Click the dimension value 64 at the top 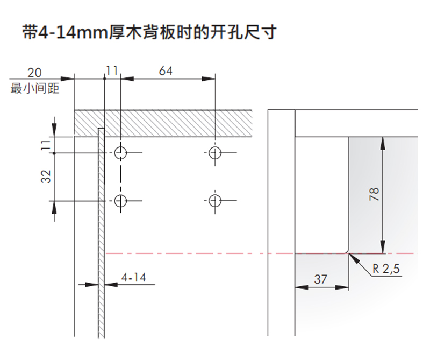[166, 70]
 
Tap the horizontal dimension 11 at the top [112, 70]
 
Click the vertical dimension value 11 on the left [47, 144]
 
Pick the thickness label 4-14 [133, 278]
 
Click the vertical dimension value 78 [375, 194]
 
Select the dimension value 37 [320, 279]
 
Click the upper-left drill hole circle [121, 153]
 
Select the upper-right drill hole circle [215, 153]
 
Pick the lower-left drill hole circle [121, 201]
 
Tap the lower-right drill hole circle [215, 201]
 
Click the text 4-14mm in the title [68, 32]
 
